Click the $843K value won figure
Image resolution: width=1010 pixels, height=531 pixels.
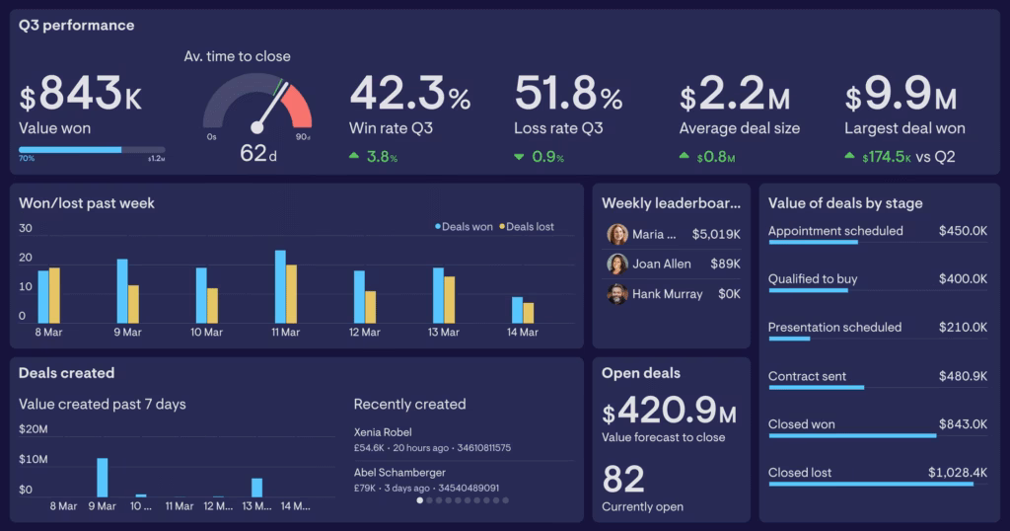[81, 97]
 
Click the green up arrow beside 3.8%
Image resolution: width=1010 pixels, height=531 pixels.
[354, 156]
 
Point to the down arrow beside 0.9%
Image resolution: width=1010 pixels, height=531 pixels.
[519, 156]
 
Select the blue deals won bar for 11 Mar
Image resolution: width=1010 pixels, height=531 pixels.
[280, 286]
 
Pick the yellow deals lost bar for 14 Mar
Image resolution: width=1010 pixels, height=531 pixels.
[529, 312]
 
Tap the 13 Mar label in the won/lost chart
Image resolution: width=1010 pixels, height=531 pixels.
[445, 333]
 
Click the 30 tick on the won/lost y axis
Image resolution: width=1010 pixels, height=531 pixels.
[26, 228]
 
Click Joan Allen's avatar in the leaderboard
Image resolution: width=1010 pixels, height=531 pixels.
[617, 265]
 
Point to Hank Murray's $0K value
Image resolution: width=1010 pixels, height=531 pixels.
[729, 294]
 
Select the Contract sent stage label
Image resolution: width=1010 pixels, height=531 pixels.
[807, 376]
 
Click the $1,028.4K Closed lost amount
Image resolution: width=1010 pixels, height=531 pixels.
[957, 473]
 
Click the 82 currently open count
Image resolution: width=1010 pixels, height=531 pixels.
[623, 480]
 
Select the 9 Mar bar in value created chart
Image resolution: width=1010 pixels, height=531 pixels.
[102, 477]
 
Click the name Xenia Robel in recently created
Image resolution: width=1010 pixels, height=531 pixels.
[383, 432]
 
